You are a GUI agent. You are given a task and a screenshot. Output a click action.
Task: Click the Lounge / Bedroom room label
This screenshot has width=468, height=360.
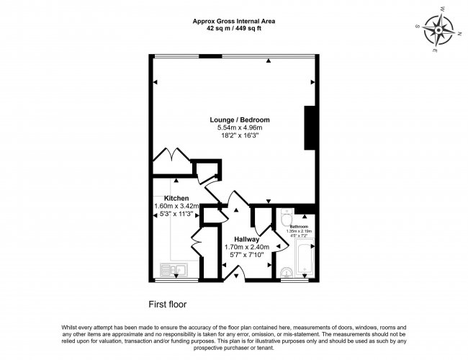pyautogui.click(x=240, y=119)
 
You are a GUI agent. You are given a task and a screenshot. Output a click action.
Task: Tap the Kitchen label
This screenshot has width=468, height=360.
pyautogui.click(x=176, y=198)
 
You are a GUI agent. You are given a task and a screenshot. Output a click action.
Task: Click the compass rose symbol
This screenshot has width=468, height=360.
pyautogui.click(x=438, y=31)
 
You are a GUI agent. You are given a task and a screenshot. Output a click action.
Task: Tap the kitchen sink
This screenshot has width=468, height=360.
pyautogui.click(x=174, y=270)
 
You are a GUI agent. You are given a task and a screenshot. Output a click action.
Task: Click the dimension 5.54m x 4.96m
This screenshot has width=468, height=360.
pyautogui.click(x=240, y=127)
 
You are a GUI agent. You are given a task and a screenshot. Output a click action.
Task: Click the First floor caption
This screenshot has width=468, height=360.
pyautogui.click(x=167, y=304)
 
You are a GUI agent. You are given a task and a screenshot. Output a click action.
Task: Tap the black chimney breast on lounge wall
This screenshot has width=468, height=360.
pyautogui.click(x=310, y=128)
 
